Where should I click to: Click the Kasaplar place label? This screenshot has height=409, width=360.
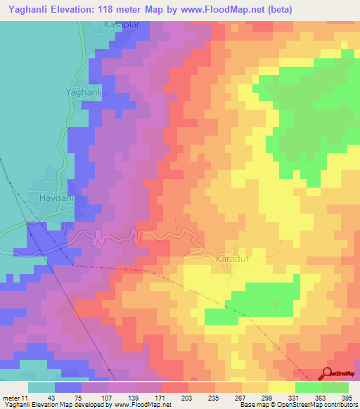click(x=103, y=25)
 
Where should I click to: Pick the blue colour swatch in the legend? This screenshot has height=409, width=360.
click(x=67, y=387)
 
